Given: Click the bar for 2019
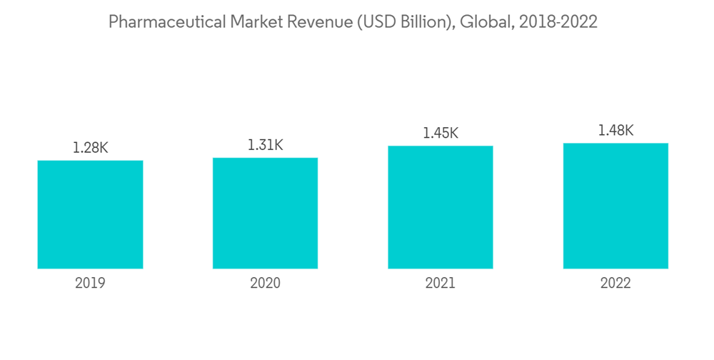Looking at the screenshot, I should [x=90, y=214].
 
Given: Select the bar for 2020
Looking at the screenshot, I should [x=265, y=213].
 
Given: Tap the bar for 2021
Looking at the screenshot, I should [x=441, y=207].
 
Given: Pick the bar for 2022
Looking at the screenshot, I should [x=615, y=206].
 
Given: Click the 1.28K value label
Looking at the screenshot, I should [x=90, y=148].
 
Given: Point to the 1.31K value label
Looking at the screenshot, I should [x=265, y=145].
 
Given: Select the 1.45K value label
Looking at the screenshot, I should [x=441, y=133].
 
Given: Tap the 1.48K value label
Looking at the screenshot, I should [x=615, y=130].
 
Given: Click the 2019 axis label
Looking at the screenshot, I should [x=90, y=284].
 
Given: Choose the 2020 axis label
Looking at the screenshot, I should [x=265, y=284].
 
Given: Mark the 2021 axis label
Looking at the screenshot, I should [x=441, y=284].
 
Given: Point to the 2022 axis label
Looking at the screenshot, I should [x=615, y=284].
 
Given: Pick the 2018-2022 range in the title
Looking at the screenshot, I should [x=558, y=22].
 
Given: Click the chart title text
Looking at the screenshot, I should [x=353, y=22].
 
